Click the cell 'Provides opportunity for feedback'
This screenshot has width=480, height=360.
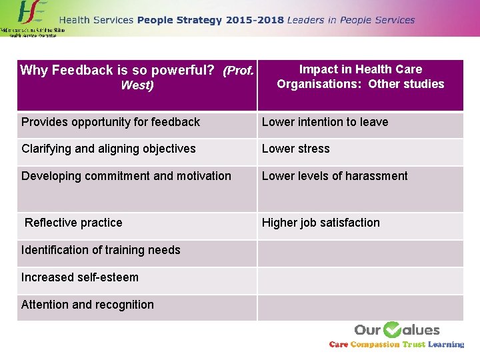click(111, 122)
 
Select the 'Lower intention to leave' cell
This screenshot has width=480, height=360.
click(325, 122)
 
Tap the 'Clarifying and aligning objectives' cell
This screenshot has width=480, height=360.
click(109, 149)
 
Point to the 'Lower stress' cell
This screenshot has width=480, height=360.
click(295, 149)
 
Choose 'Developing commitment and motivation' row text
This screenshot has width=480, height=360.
click(126, 176)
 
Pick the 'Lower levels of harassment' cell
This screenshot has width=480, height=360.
click(335, 176)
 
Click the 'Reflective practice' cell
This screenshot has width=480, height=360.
click(73, 223)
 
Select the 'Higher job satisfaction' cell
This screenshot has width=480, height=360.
click(321, 223)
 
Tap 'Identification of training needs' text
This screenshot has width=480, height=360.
click(101, 250)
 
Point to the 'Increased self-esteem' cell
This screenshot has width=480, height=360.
click(80, 277)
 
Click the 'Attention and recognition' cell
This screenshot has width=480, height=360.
click(87, 305)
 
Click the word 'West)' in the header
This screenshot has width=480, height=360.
click(137, 85)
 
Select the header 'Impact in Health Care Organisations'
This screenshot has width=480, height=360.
click(360, 77)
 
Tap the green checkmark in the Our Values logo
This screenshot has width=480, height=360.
click(392, 329)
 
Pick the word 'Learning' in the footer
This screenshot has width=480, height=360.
click(446, 345)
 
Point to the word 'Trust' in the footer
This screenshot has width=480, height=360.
click(413, 345)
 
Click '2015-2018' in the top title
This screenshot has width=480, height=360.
click(254, 20)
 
